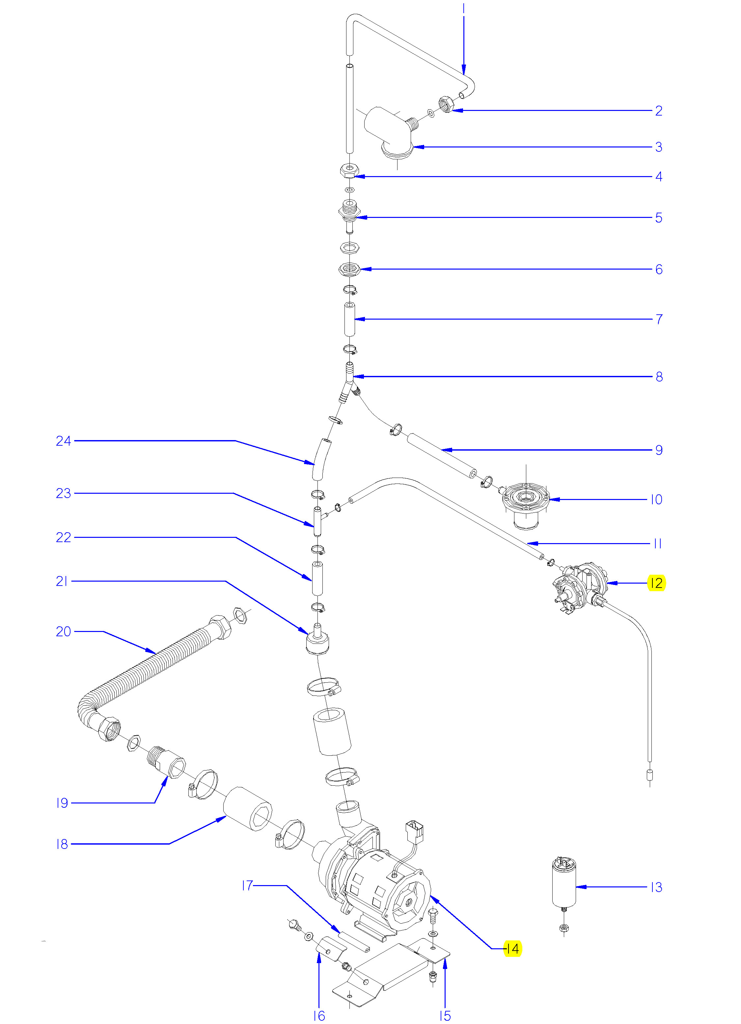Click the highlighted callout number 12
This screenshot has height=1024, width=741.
(656, 583)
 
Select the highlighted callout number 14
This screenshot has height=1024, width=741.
(512, 949)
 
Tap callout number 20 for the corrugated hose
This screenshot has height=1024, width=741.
(63, 631)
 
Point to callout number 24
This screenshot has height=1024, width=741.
(63, 441)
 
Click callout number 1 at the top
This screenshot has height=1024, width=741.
(464, 9)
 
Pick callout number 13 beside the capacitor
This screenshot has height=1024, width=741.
(656, 887)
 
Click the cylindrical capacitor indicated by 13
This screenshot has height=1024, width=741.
(564, 883)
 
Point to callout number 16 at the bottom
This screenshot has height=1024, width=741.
(319, 1015)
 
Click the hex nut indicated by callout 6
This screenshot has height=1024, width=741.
(349, 269)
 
